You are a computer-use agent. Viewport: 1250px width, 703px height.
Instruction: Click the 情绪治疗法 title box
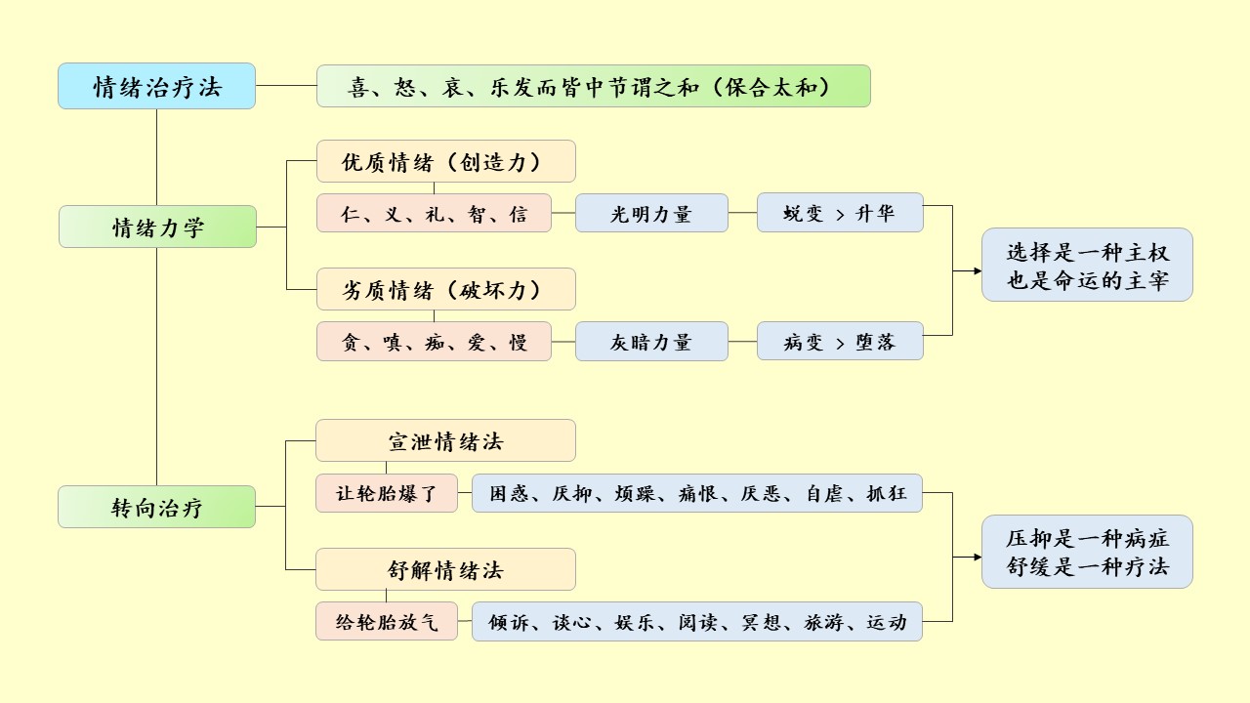pyautogui.click(x=156, y=86)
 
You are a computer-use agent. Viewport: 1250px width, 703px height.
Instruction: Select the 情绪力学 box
pyautogui.click(x=157, y=227)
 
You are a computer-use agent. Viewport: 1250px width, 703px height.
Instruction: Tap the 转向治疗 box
pyautogui.click(x=156, y=507)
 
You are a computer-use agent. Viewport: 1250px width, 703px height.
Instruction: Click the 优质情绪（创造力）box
pyautogui.click(x=445, y=161)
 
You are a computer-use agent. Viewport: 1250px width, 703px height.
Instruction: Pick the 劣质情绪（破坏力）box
pyautogui.click(x=445, y=290)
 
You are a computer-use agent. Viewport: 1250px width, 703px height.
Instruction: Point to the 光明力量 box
pyautogui.click(x=651, y=213)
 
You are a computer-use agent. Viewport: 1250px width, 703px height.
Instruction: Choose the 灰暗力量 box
pyautogui.click(x=651, y=342)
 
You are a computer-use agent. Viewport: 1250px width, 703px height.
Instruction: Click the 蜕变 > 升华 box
pyautogui.click(x=840, y=213)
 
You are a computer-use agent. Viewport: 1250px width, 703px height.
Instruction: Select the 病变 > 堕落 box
pyautogui.click(x=840, y=342)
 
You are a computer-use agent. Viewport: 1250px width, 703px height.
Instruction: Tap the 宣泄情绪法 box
pyautogui.click(x=445, y=440)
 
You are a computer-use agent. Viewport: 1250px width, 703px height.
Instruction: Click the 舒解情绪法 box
pyautogui.click(x=445, y=569)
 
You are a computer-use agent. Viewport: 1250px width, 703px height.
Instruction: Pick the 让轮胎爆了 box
pyautogui.click(x=386, y=493)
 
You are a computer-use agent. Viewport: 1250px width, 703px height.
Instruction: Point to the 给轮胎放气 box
pyautogui.click(x=386, y=622)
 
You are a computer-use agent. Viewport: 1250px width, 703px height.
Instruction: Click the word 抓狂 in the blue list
pyautogui.click(x=887, y=493)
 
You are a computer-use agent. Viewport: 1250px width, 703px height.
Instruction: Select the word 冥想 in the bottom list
pyautogui.click(x=761, y=622)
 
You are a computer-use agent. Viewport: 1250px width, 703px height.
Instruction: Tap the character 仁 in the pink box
pyautogui.click(x=351, y=214)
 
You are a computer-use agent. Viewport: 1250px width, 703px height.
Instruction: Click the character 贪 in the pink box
pyautogui.click(x=351, y=343)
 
